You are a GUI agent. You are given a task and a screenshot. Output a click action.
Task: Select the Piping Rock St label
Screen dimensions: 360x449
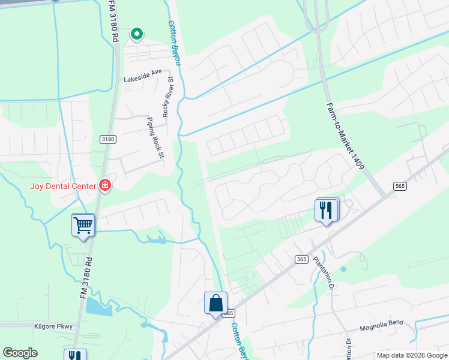point(155,137)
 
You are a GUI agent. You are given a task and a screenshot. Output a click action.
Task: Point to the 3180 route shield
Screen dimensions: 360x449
point(107,139)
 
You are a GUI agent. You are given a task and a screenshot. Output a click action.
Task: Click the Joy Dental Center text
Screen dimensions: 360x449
point(62,186)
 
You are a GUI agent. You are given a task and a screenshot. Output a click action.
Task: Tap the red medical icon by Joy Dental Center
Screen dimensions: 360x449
point(105,185)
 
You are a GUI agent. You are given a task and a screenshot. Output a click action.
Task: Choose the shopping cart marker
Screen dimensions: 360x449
point(83,226)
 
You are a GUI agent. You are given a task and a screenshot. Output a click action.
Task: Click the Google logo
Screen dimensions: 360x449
point(20,353)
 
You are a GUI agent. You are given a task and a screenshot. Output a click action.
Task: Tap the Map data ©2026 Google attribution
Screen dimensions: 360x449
point(412,355)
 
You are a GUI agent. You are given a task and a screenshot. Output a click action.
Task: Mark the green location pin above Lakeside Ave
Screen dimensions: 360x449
point(137,34)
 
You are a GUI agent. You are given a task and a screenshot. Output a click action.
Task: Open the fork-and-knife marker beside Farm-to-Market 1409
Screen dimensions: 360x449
point(327,210)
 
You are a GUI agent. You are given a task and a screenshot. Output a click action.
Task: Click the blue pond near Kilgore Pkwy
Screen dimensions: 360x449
point(98,307)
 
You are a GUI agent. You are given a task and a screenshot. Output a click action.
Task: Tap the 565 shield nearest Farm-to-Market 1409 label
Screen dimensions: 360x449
point(400,187)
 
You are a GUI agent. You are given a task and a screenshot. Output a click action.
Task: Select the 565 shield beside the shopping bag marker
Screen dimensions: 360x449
point(228,313)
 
